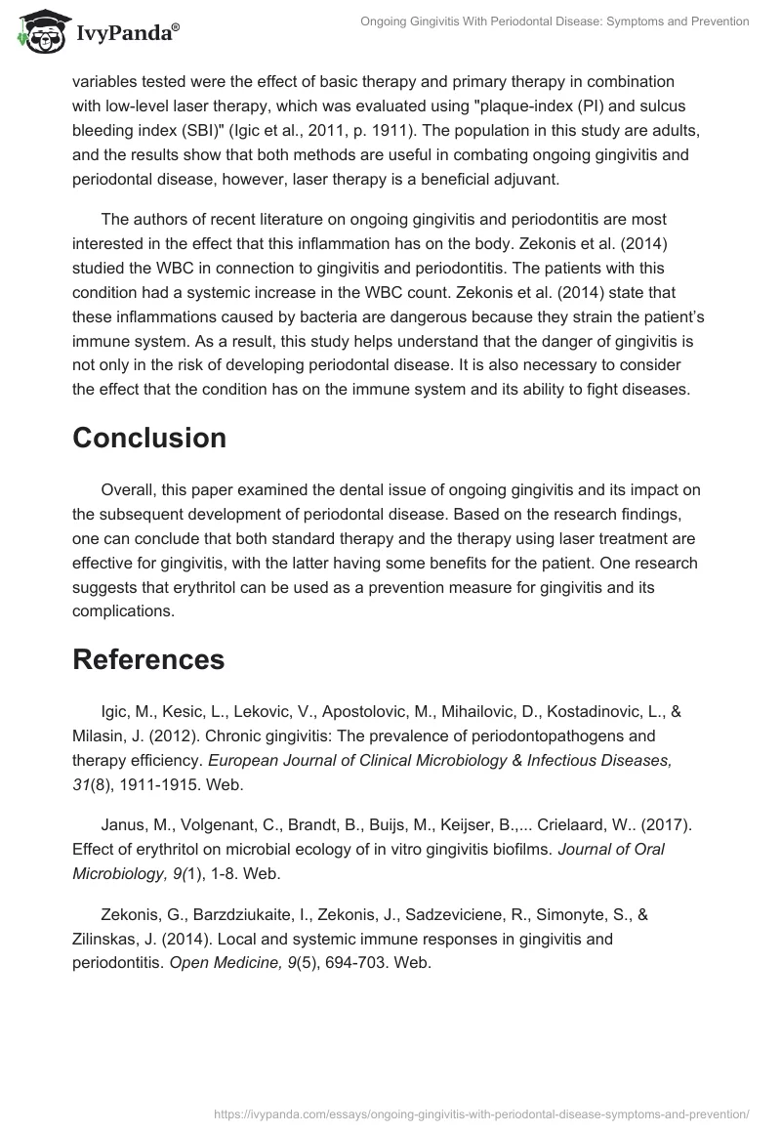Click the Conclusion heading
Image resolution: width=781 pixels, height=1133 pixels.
click(x=149, y=439)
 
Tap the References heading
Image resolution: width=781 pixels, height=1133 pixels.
click(x=148, y=659)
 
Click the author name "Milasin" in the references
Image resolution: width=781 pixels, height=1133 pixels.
click(x=101, y=735)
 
